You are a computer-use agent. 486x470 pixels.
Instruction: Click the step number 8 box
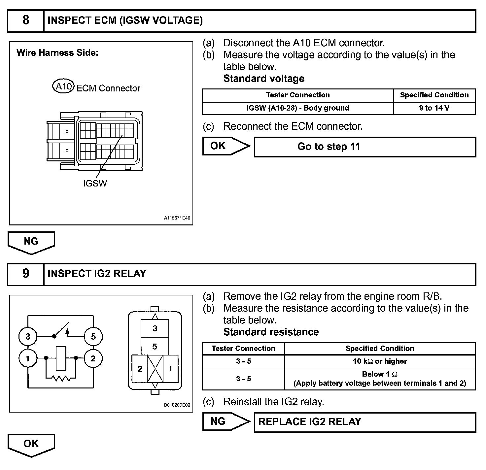[x=26, y=21]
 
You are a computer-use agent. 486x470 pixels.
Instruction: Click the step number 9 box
[x=26, y=274]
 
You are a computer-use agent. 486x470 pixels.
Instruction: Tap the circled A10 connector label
[x=63, y=87]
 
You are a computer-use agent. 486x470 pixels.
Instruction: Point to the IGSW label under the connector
[x=95, y=184]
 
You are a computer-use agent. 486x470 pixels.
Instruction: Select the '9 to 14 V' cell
[x=434, y=108]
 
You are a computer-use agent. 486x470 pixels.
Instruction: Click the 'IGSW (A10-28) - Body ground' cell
[x=297, y=108]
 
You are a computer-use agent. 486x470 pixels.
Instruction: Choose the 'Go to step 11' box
[x=364, y=147]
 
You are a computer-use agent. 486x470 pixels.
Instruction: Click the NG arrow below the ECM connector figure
[x=31, y=242]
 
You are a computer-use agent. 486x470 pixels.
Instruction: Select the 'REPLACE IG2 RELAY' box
[x=364, y=422]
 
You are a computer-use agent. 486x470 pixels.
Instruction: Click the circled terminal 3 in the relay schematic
[x=28, y=337]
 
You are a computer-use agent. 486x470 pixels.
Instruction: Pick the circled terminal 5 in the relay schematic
[x=93, y=337]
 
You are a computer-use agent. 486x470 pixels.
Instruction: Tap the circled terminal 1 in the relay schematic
[x=28, y=358]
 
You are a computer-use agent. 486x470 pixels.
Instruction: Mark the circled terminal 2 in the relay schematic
[x=93, y=358]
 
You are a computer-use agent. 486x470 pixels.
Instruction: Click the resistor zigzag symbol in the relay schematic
[x=61, y=378]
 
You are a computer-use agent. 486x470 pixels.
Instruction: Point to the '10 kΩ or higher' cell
[x=380, y=361]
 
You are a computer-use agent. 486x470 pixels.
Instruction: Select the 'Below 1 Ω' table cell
[x=380, y=379]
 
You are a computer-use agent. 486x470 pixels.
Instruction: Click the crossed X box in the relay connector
[x=155, y=369]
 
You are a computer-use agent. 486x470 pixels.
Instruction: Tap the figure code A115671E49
[x=177, y=218]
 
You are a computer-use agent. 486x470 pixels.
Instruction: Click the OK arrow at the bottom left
[x=31, y=444]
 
